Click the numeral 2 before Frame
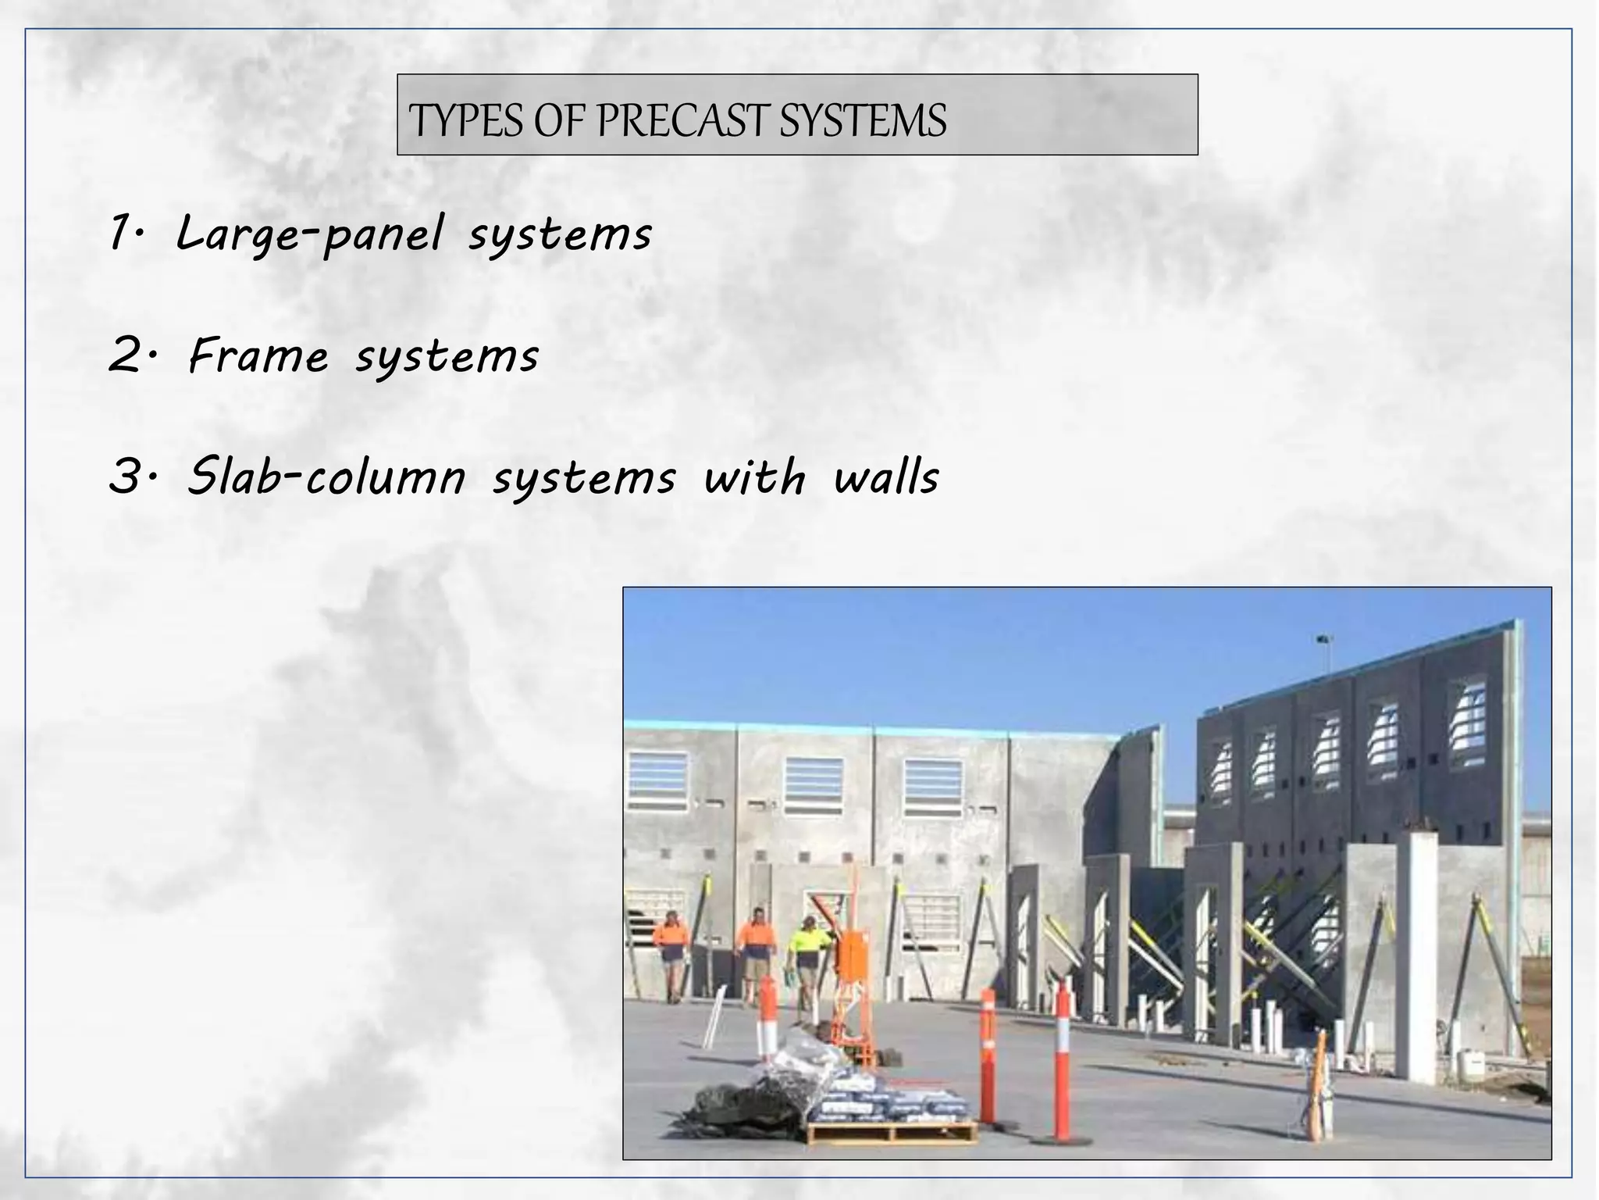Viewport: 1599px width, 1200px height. (125, 355)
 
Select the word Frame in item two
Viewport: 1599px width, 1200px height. (258, 355)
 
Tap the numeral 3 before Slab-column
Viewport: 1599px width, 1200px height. (125, 477)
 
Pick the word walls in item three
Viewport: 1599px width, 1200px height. (885, 477)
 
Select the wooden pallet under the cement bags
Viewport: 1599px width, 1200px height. (890, 1131)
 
